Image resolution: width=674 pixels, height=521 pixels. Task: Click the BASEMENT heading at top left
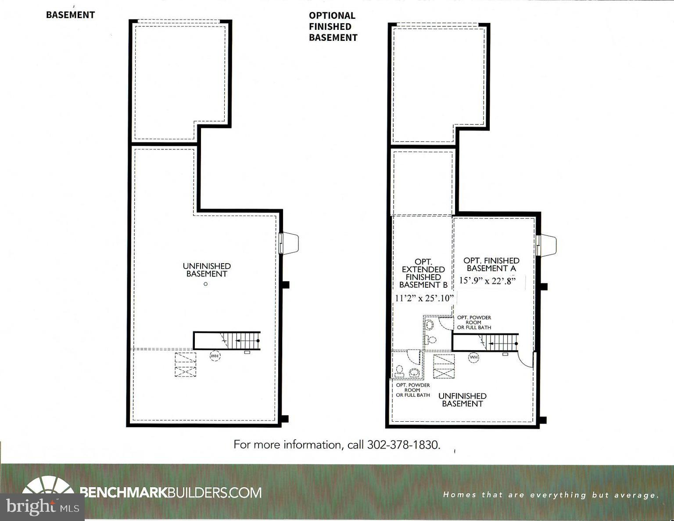click(70, 15)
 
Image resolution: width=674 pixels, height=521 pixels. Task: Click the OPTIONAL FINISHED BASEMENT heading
click(333, 26)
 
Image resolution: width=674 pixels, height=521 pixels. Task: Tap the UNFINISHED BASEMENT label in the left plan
click(207, 270)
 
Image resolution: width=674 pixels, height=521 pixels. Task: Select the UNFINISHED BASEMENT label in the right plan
click(462, 400)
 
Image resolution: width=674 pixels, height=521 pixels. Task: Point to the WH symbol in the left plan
click(215, 355)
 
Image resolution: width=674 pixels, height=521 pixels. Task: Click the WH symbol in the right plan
click(473, 357)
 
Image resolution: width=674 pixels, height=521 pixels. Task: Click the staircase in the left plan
click(227, 340)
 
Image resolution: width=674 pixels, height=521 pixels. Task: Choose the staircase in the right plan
click(486, 342)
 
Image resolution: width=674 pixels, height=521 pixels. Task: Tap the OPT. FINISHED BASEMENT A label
click(491, 264)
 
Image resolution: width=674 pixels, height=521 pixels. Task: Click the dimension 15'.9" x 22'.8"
click(487, 281)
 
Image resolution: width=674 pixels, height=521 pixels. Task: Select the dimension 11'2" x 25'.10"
click(424, 298)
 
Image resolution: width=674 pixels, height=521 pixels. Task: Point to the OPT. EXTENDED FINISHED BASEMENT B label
click(423, 273)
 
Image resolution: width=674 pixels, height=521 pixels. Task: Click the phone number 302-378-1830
click(403, 445)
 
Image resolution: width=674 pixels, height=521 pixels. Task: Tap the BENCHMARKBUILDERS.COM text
click(171, 492)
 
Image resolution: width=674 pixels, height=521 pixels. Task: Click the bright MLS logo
click(42, 507)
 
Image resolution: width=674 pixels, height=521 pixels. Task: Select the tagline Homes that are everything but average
click(551, 495)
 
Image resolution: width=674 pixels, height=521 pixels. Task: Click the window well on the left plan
click(290, 243)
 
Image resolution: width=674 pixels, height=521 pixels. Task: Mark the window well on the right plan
click(547, 245)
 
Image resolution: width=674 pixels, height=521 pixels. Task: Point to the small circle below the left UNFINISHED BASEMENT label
click(205, 284)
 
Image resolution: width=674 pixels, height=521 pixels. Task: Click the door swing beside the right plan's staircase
click(526, 360)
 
